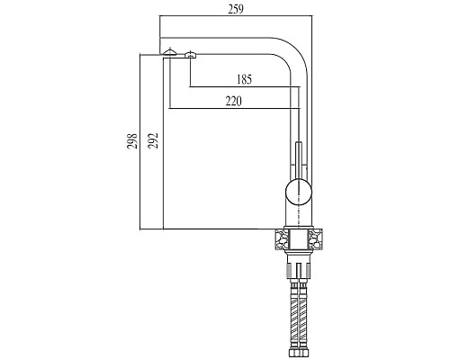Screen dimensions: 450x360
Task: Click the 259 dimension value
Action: (x=236, y=9)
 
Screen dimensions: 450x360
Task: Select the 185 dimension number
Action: (x=244, y=79)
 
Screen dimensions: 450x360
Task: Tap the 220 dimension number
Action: (x=233, y=102)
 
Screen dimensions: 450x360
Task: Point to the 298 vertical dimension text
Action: (x=132, y=141)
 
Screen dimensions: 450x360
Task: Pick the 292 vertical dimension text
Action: (x=153, y=140)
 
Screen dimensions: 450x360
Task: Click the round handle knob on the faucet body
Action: (x=299, y=192)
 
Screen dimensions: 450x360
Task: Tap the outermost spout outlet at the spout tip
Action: (x=170, y=52)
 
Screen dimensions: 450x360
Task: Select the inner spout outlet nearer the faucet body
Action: (x=190, y=55)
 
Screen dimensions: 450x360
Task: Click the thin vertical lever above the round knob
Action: (x=299, y=160)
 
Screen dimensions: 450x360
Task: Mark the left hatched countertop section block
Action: (x=282, y=238)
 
